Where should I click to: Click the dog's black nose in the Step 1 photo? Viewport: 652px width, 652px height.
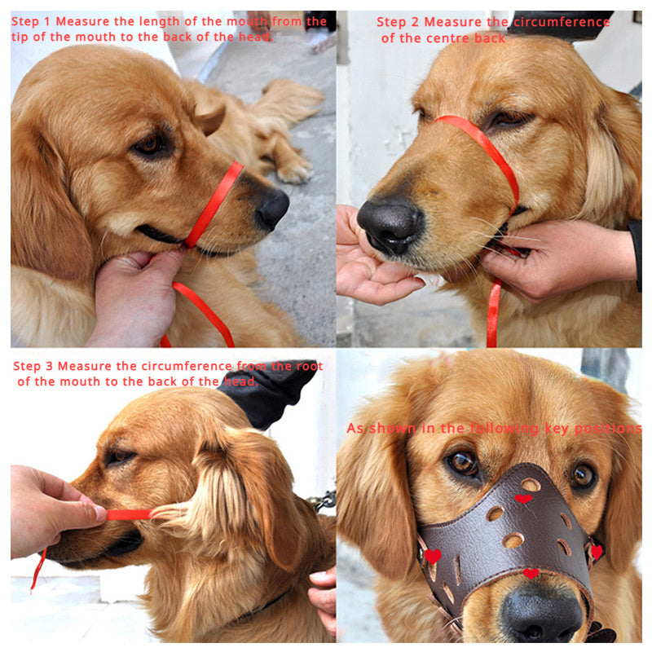(271, 209)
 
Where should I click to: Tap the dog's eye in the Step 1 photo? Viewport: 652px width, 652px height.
(149, 144)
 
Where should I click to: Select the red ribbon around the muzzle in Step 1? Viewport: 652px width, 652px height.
(214, 205)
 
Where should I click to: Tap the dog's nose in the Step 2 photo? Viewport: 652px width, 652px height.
(390, 224)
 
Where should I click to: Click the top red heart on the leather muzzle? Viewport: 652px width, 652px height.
(523, 499)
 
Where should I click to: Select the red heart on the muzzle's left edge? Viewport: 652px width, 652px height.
(433, 556)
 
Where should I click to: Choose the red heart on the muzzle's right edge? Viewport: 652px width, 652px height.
(596, 552)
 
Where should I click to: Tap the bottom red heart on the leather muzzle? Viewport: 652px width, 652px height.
(531, 574)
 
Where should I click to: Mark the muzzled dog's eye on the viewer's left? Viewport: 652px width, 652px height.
(463, 463)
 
